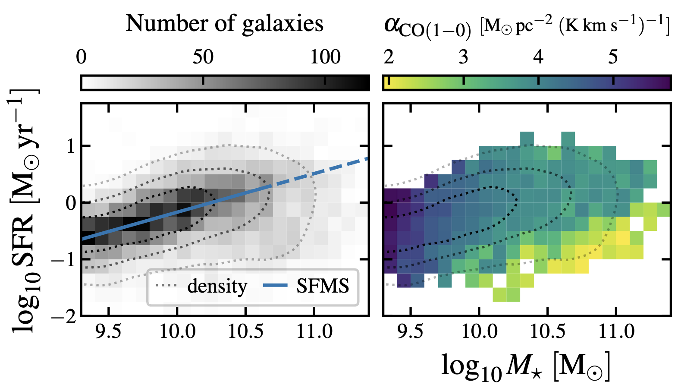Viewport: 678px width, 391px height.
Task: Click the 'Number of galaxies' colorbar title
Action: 224,24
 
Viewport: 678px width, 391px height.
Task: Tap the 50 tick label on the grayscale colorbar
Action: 203,57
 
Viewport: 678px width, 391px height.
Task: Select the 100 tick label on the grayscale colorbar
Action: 325,57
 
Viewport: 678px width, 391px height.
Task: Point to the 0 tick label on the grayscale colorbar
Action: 81,57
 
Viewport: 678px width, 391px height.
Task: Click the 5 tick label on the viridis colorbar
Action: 613,57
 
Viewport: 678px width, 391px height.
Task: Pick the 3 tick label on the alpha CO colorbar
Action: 463,57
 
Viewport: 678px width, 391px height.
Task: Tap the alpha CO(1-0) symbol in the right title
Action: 427,27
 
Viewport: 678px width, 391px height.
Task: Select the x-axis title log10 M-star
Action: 525,366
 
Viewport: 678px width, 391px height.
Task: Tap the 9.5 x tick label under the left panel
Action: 108,331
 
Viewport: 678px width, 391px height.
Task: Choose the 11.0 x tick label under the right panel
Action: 615,331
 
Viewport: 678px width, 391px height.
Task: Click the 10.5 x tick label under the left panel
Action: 245,331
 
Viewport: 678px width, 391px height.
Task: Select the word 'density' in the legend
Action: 217,286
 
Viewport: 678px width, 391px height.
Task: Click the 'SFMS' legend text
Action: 323,286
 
